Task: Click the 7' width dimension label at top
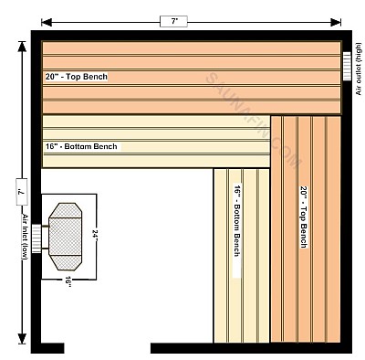[x=173, y=22]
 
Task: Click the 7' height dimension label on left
[x=21, y=192]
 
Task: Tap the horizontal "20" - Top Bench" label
[x=77, y=77]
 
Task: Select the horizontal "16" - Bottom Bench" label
[x=81, y=146]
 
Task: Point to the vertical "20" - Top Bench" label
[x=304, y=217]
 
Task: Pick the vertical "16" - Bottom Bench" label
[x=237, y=220]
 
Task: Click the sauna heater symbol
[x=65, y=237]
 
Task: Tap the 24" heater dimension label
[x=95, y=236]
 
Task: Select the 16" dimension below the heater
[x=68, y=282]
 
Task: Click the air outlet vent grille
[x=347, y=66]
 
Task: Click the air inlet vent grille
[x=36, y=238]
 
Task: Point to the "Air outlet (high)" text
[x=359, y=69]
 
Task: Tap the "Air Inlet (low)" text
[x=25, y=237]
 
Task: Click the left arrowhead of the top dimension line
[x=47, y=22]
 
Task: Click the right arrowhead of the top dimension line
[x=336, y=22]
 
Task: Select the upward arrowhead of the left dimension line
[x=22, y=47]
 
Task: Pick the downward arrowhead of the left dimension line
[x=22, y=339]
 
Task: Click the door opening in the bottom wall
[x=108, y=348]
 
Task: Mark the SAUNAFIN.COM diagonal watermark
[x=253, y=121]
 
